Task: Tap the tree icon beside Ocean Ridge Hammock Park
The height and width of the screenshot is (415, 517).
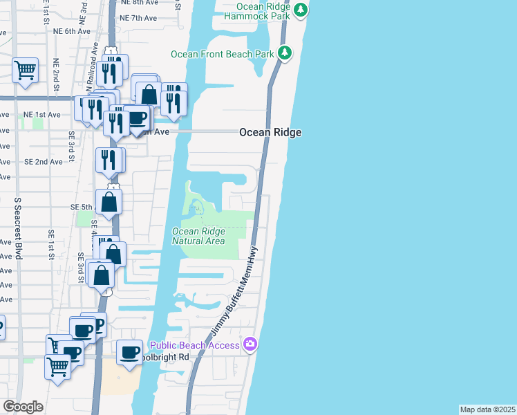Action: click(300, 10)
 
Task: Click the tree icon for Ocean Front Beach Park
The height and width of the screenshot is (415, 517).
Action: click(284, 53)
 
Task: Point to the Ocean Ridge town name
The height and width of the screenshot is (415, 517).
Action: click(270, 132)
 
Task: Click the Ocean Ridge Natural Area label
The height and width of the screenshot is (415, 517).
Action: click(198, 237)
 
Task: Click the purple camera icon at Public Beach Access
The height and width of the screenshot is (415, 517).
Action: click(250, 344)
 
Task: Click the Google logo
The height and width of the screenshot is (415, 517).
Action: click(23, 407)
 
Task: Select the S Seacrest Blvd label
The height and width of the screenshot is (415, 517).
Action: click(17, 228)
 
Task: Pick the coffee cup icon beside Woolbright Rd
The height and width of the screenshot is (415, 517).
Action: click(129, 353)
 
